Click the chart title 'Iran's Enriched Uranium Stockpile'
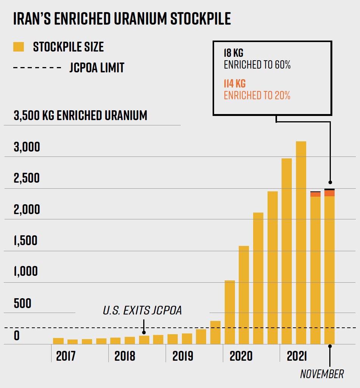coord(122,19)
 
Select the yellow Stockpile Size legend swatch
coord(19,47)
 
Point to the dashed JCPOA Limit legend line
coord(37,68)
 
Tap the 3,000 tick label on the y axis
coord(27,147)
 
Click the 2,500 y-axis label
coord(27,178)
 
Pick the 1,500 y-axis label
coord(26,241)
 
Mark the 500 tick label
coord(22,303)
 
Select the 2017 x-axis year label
coord(66,356)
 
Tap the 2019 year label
coord(183,356)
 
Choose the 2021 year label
coord(297,356)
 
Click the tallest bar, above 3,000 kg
coord(301,242)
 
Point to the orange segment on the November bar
coord(329,193)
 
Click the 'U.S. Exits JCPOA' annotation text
coord(142,311)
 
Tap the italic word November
coord(322,374)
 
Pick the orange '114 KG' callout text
coord(235,84)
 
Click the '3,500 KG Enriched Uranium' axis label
coord(80,115)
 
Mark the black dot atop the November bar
coord(330,182)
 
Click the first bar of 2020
coord(230,312)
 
